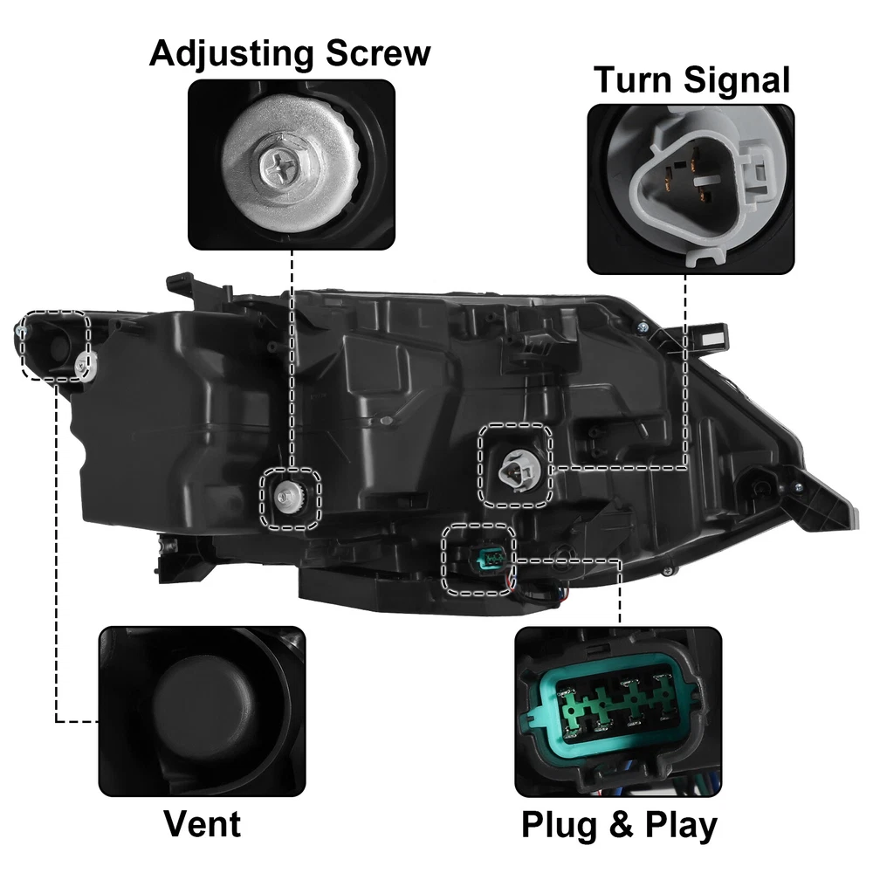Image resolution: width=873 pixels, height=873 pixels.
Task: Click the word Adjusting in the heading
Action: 231,55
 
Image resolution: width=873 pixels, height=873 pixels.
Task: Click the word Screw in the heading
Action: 378,53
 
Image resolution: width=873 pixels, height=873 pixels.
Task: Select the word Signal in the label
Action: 737,80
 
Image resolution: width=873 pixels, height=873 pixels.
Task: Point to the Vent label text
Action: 203,823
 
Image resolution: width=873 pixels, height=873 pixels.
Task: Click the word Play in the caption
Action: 681,826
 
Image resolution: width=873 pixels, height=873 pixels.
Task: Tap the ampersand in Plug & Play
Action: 622,824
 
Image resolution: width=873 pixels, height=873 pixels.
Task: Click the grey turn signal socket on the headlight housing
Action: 518,468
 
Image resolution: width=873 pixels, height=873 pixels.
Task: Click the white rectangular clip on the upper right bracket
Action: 711,337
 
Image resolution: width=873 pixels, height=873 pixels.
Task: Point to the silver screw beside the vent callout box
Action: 83,363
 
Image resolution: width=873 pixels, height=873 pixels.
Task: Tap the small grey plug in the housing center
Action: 383,421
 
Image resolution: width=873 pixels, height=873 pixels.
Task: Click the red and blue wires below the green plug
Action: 510,582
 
